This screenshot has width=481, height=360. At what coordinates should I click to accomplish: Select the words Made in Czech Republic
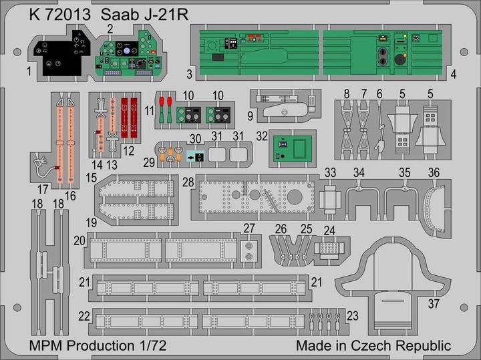point(373,345)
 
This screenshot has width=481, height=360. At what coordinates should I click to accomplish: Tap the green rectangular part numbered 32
point(293,146)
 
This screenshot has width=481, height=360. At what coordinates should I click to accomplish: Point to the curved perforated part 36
point(436,208)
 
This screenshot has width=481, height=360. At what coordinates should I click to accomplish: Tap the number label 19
point(90,221)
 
